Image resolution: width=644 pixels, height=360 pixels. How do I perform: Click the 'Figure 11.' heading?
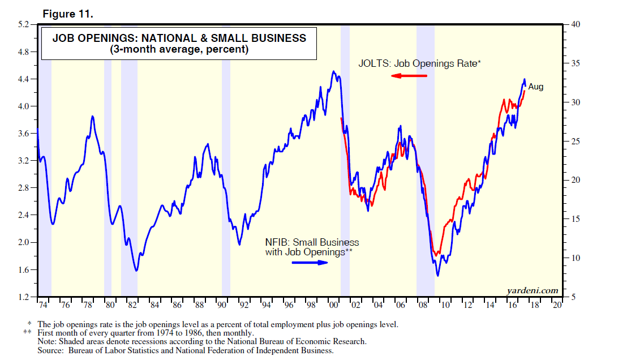click(x=71, y=14)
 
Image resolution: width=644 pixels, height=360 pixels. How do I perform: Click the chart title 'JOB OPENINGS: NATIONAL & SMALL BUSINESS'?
click(x=179, y=38)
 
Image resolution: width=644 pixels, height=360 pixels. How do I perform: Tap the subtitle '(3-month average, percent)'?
click(x=179, y=49)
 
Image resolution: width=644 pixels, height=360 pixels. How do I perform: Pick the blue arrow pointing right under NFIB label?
click(x=310, y=263)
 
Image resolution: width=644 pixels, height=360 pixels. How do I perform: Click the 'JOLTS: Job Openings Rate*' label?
click(x=419, y=63)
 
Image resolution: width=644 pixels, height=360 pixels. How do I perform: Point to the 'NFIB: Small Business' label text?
click(x=312, y=242)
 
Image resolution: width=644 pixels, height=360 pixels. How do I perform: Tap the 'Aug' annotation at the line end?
click(x=535, y=87)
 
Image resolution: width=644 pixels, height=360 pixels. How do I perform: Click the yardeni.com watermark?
click(x=533, y=290)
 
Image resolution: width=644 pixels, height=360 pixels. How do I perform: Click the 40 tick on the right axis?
click(x=576, y=24)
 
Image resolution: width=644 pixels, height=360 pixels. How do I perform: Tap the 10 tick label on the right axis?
click(x=576, y=258)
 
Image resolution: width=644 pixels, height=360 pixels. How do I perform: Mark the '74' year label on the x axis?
click(x=43, y=305)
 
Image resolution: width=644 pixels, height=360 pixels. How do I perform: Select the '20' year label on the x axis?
click(x=557, y=305)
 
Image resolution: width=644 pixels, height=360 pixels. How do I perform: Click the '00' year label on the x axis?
click(x=333, y=305)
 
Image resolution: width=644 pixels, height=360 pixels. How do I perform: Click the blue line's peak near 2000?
click(x=333, y=71)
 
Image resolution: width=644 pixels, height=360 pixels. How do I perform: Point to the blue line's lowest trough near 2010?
click(x=438, y=276)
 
